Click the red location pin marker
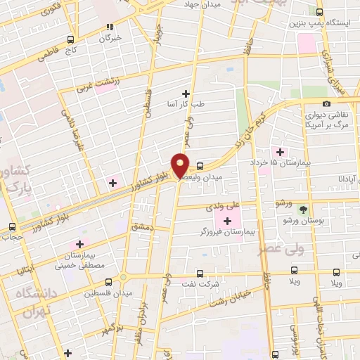pyautogui.click(x=181, y=165)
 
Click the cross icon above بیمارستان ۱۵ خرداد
pyautogui.click(x=281, y=152)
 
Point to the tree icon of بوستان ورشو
pyautogui.click(x=303, y=210)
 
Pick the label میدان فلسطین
pyautogui.click(x=124, y=289)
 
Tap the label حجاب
pyautogui.click(x=13, y=237)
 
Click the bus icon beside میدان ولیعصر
pyautogui.click(x=200, y=167)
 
